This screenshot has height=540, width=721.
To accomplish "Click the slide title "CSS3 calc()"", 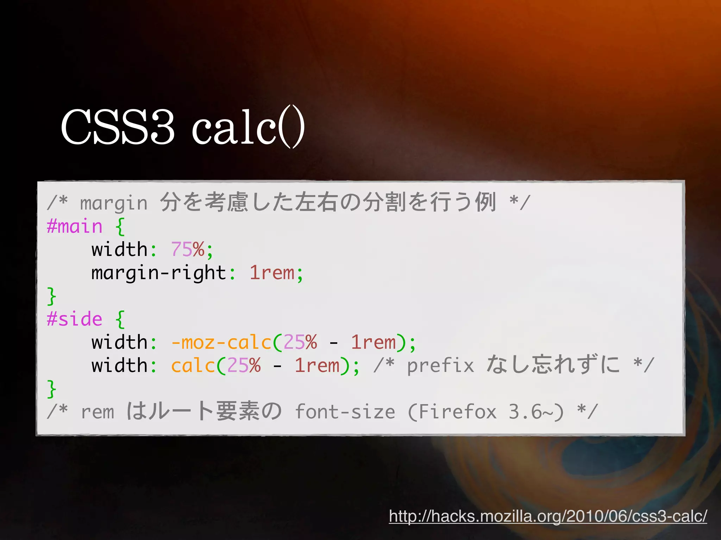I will click(x=182, y=127).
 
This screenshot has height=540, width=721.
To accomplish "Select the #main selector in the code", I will click(x=75, y=226).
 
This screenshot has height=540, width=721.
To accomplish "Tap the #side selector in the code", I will click(x=75, y=319).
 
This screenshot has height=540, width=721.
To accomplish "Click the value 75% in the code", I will click(x=187, y=250).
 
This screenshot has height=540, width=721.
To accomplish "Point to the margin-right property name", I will click(x=158, y=273).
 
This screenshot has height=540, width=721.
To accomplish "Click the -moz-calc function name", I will click(x=221, y=342).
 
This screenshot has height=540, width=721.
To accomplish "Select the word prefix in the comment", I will click(x=440, y=366).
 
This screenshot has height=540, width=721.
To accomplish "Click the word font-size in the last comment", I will click(x=345, y=412).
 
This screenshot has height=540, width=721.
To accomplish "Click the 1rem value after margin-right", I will click(x=272, y=273).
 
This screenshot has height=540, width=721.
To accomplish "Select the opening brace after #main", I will click(x=120, y=226).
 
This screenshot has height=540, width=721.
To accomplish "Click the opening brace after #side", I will click(x=120, y=319).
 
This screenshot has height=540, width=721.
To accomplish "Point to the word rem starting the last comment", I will click(x=98, y=412).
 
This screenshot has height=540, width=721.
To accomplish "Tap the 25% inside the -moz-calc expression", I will click(x=300, y=342).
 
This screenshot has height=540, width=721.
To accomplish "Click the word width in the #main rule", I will click(x=119, y=250).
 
